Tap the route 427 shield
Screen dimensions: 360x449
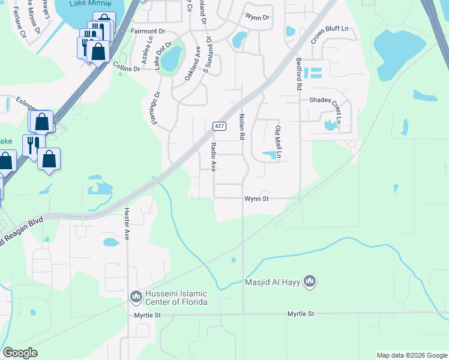(219, 126)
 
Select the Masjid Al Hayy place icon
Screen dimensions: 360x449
(310, 281)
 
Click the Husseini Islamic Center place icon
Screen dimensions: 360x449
(136, 297)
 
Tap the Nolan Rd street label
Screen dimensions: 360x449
(243, 127)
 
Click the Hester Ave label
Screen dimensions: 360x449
(127, 224)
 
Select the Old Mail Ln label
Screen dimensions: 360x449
(277, 142)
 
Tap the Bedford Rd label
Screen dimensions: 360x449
(298, 74)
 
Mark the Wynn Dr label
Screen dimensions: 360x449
(258, 17)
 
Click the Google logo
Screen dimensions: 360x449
(20, 353)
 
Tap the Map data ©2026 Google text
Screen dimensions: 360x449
(411, 355)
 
